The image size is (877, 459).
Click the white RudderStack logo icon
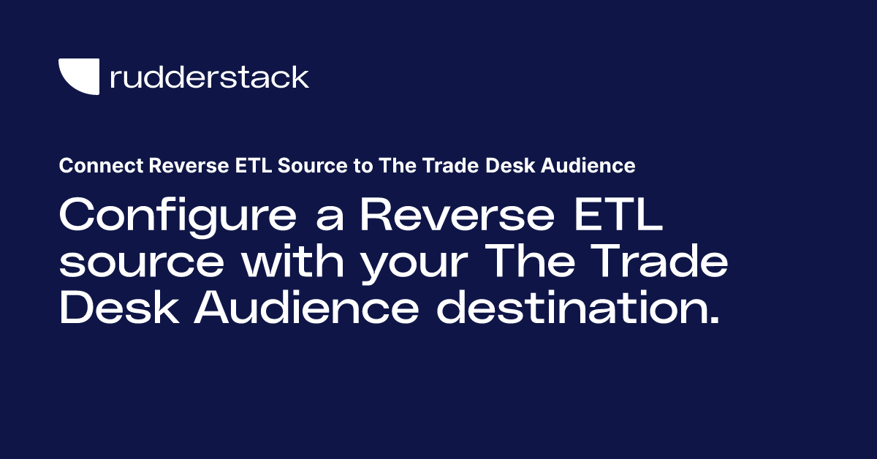pyautogui.click(x=79, y=76)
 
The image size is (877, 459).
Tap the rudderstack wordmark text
pyautogui.click(x=209, y=76)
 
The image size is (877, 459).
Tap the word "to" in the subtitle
pyautogui.click(x=341, y=167)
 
